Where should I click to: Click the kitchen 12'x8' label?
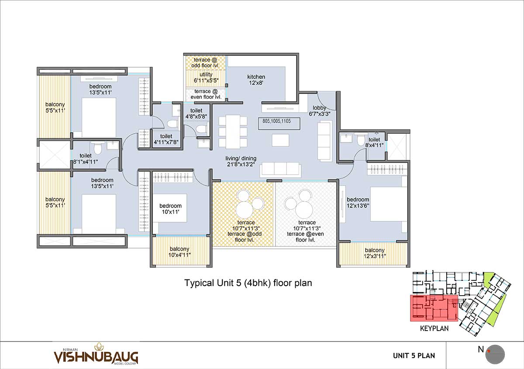[x=256, y=80]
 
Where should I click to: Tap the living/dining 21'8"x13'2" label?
[x=241, y=162]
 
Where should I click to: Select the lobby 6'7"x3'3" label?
[x=319, y=111]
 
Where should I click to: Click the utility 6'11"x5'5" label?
[x=206, y=77]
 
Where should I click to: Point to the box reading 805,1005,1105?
[x=279, y=124]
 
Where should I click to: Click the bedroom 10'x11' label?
[x=170, y=209]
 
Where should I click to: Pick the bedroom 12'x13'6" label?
[x=358, y=202]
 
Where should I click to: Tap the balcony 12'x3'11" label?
[x=375, y=253]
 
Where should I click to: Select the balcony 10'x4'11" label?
[x=179, y=252]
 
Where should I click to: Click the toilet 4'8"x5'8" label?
[x=196, y=114]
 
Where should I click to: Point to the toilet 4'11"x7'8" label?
[x=166, y=139]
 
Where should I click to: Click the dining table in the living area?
[x=233, y=132]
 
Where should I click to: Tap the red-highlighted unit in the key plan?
[x=434, y=308]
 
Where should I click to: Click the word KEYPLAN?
[x=434, y=328]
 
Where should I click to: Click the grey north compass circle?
[x=495, y=354]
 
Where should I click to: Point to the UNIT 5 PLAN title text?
[x=414, y=355]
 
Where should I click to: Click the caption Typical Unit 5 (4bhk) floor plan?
[x=248, y=283]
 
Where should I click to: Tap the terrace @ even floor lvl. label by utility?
[x=206, y=94]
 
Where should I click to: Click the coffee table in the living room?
[x=280, y=140]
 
